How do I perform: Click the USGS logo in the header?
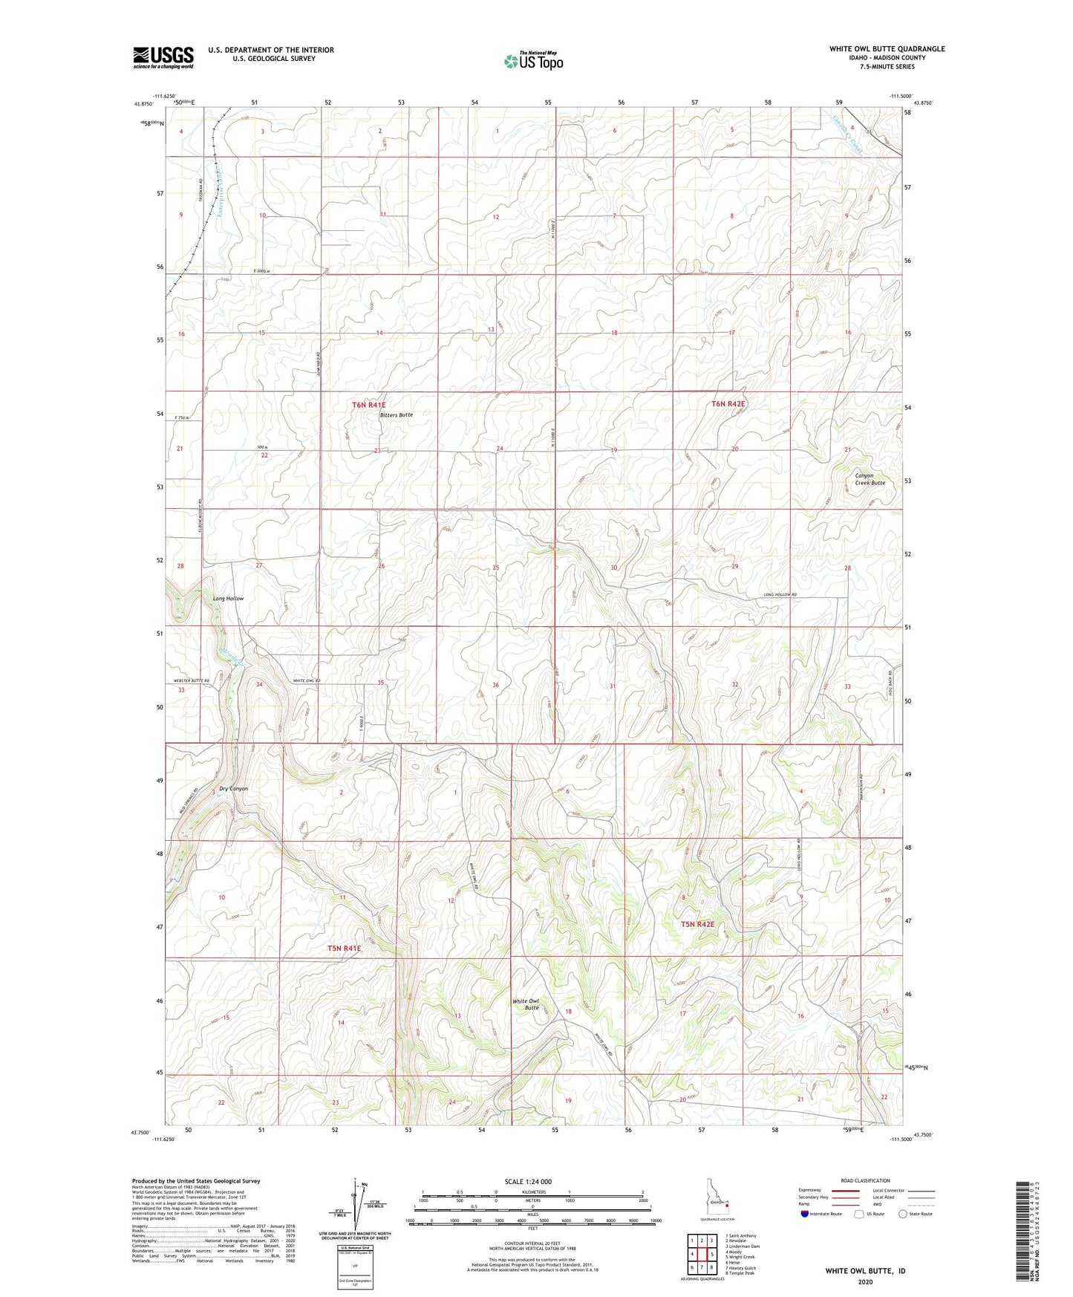(163, 57)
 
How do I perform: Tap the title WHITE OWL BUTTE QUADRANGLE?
(887, 49)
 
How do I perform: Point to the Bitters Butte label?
(396, 415)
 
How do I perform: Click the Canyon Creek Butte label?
(870, 479)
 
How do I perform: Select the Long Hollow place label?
(228, 598)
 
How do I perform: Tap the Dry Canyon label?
(233, 788)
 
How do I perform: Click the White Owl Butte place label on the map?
(526, 1004)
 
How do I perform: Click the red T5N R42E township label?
(698, 924)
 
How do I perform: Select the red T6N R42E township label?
(728, 403)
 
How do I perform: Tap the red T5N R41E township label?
(344, 948)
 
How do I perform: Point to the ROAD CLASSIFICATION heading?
(866, 1180)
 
